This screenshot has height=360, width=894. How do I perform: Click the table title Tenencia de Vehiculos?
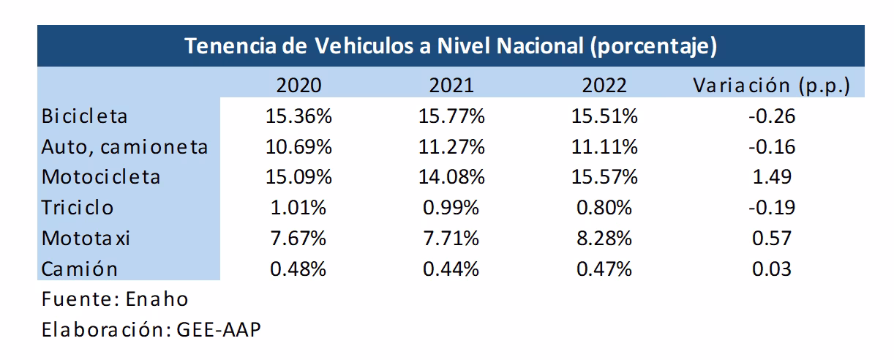[450, 46]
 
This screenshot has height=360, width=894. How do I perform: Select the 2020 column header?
[298, 85]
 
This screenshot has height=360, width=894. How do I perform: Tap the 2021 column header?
[451, 85]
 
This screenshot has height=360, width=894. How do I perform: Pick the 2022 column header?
[604, 85]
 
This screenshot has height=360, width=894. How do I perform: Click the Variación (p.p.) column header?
[771, 86]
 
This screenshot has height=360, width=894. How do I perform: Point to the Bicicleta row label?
[85, 116]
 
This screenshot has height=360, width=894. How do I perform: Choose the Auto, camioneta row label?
[125, 146]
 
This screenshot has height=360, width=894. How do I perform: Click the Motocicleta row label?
[101, 177]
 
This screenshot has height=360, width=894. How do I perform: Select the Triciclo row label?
[78, 208]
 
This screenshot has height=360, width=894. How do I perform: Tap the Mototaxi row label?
[86, 239]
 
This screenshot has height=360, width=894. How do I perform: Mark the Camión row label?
[80, 269]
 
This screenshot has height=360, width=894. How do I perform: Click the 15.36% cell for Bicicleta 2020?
[298, 116]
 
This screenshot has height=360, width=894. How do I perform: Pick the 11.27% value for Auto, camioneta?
[451, 146]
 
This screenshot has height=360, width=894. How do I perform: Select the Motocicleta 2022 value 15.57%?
[604, 177]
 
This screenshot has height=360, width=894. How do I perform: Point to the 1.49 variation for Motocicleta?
[772, 177]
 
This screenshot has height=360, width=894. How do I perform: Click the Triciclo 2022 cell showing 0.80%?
[604, 208]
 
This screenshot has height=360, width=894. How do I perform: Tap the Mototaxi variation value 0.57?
[772, 239]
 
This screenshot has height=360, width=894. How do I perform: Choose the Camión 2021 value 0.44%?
[451, 269]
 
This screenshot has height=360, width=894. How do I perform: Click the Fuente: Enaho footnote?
[115, 299]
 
